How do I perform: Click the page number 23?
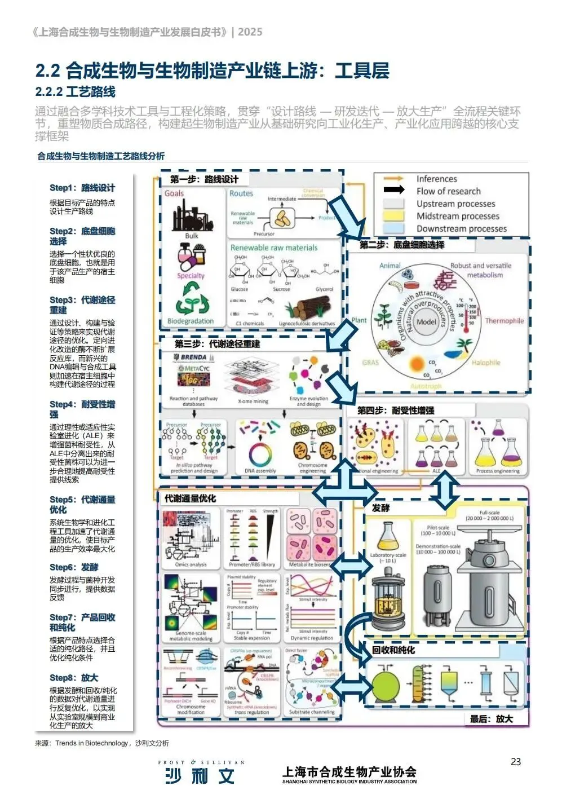pyautogui.click(x=515, y=761)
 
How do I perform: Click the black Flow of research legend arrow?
pyautogui.click(x=394, y=191)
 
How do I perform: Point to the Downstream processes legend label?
pyautogui.click(x=461, y=228)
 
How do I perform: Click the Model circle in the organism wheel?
pyautogui.click(x=426, y=322)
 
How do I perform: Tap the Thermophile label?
pyautogui.click(x=505, y=321)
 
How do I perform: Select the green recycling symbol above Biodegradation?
pyautogui.click(x=192, y=298)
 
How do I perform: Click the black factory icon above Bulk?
pyautogui.click(x=191, y=215)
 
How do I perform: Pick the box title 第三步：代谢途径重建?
pyautogui.click(x=217, y=343)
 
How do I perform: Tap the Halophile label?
pyautogui.click(x=486, y=363)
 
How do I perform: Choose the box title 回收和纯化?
pyautogui.click(x=393, y=650)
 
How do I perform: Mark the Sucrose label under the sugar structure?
pyautogui.click(x=281, y=289)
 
